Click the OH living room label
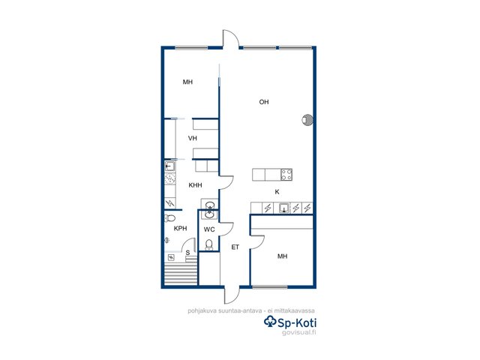pos(264,102)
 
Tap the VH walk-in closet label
pos(193,138)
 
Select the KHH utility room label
pos(195,185)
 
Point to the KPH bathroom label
pos(180,228)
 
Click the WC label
pos(209,229)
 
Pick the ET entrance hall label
pos(235,247)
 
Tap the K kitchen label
pos(277,192)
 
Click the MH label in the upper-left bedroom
pos(187,82)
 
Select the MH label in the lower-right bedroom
pos(282,256)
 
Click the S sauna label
pos(187,253)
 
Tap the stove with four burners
pos(286,175)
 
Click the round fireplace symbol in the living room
pos(307,120)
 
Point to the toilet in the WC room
pos(209,245)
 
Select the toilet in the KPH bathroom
pos(169,218)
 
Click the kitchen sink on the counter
pos(284,208)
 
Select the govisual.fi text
pos(298,332)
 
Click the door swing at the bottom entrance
pos(232,295)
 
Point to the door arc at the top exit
pos(230,38)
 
